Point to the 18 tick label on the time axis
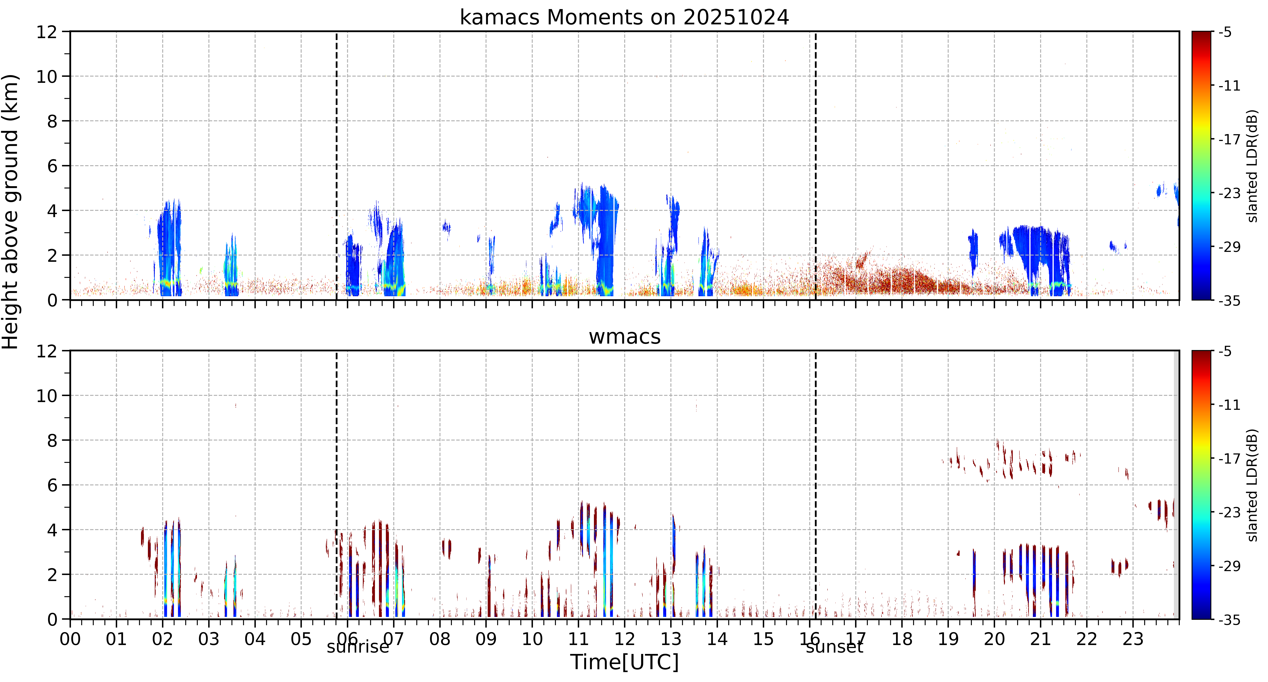(902, 639)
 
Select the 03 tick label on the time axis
(209, 639)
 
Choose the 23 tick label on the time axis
(1133, 639)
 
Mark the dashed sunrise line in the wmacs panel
(337, 485)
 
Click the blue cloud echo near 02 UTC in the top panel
(169, 249)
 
